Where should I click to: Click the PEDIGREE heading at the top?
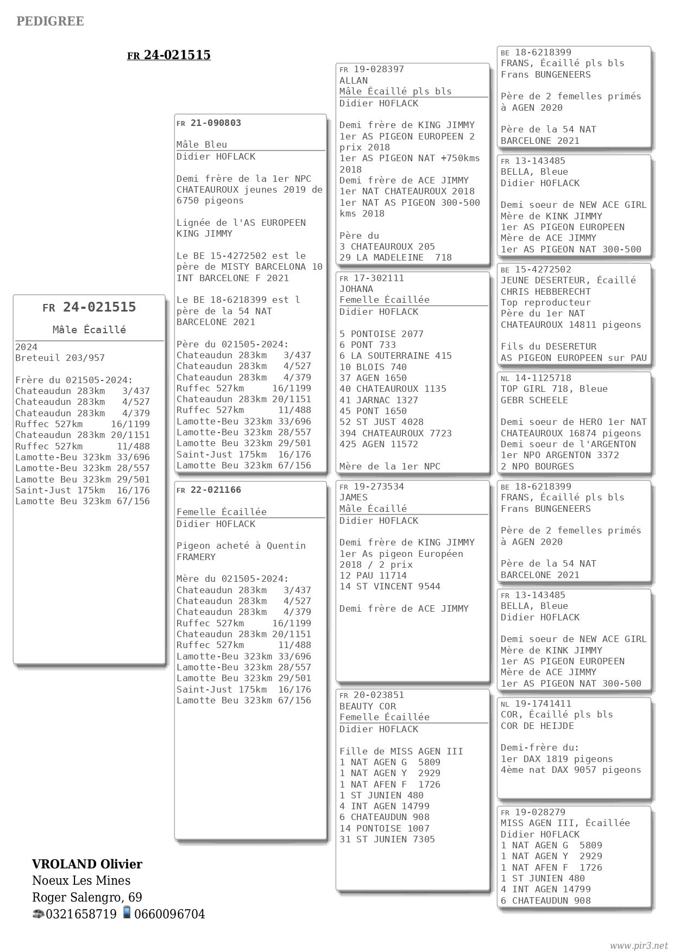click(50, 21)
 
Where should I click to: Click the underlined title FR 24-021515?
click(169, 55)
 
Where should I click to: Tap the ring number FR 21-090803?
click(209, 123)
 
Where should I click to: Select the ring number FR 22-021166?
click(209, 490)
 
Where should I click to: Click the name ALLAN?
click(354, 80)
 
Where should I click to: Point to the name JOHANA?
click(356, 289)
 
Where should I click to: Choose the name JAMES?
click(354, 497)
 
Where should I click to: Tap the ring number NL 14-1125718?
click(536, 378)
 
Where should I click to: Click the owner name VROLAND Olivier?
click(87, 864)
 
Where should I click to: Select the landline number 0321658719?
click(81, 914)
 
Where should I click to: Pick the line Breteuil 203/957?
click(60, 358)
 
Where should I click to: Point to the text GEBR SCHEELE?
click(534, 400)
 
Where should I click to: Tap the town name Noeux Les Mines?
click(81, 880)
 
